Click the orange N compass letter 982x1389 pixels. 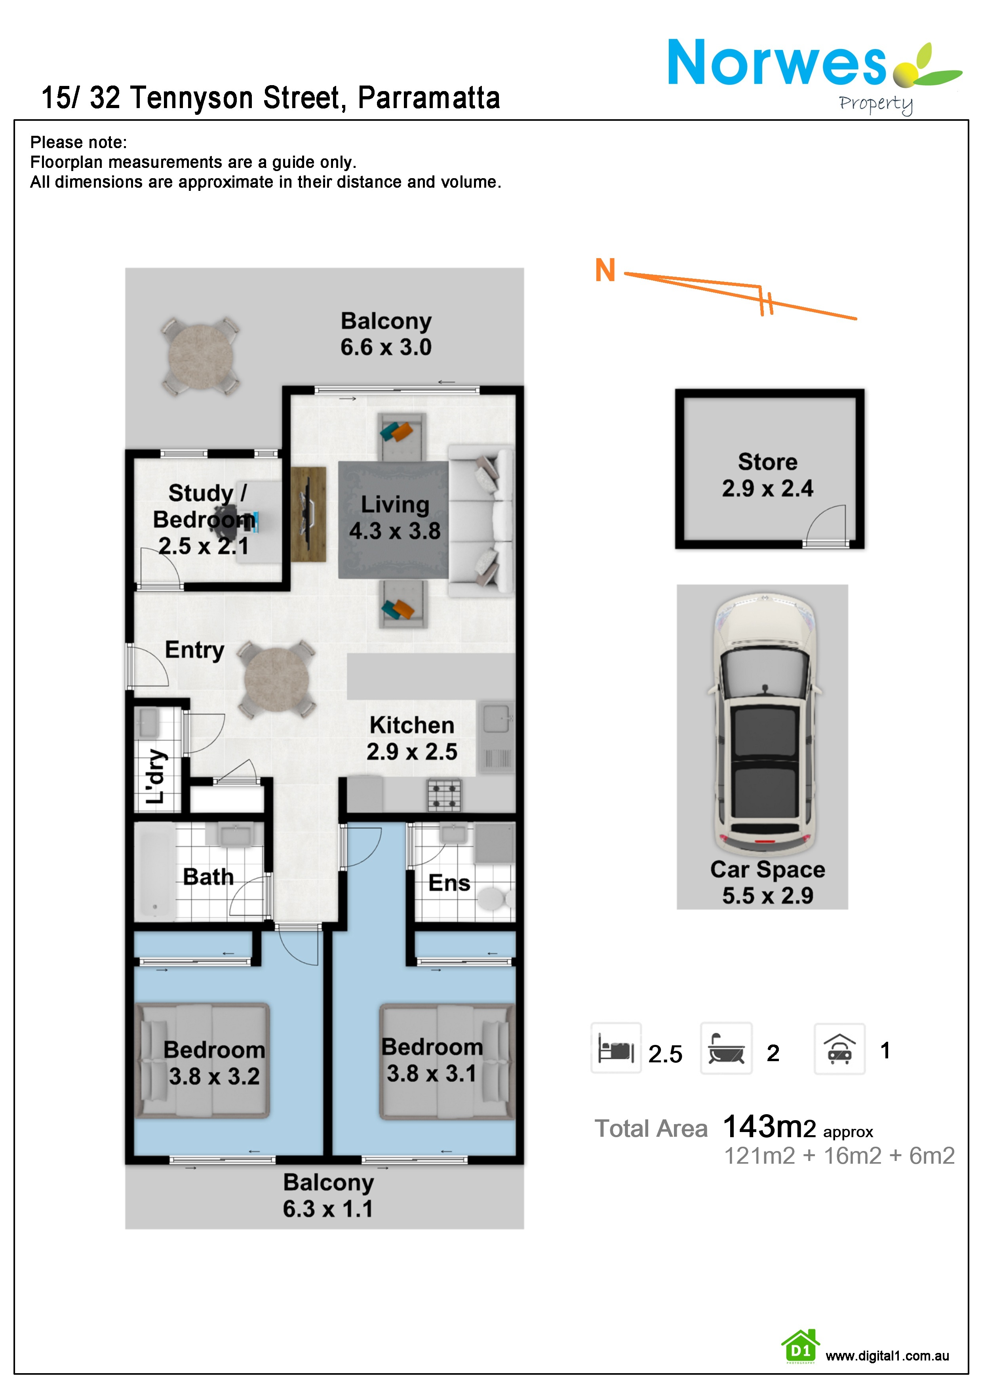click(605, 270)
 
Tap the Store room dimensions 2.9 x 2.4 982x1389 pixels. click(767, 488)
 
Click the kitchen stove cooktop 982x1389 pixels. click(444, 795)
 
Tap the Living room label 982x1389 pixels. click(395, 504)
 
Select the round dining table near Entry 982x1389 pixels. click(276, 679)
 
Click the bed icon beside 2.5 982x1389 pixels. click(616, 1049)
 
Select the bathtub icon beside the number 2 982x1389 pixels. click(726, 1049)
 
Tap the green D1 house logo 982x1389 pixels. click(801, 1347)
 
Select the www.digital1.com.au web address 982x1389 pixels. click(887, 1356)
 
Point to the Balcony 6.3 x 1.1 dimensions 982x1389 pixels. click(328, 1209)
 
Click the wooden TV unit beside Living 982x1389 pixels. click(308, 514)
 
